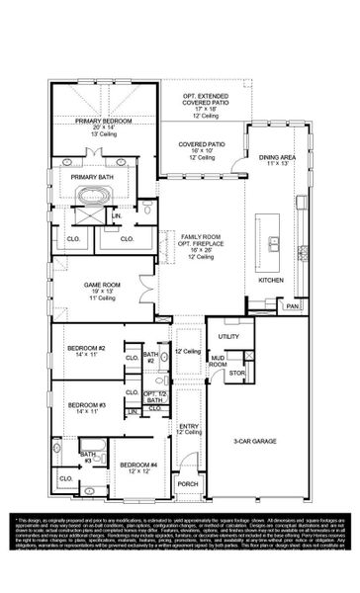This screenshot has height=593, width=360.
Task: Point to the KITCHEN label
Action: pyautogui.click(x=272, y=280)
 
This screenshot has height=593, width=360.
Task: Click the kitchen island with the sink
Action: pyautogui.click(x=272, y=242)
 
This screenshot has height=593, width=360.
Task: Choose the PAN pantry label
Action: pyautogui.click(x=292, y=306)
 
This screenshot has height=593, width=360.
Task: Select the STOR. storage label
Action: pyautogui.click(x=235, y=375)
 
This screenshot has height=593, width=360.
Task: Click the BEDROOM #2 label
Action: pyautogui.click(x=87, y=349)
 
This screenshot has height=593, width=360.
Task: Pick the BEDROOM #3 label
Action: pyautogui.click(x=87, y=404)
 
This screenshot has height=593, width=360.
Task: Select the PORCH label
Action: pyautogui.click(x=187, y=484)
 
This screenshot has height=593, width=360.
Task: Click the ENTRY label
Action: pyautogui.click(x=188, y=426)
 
